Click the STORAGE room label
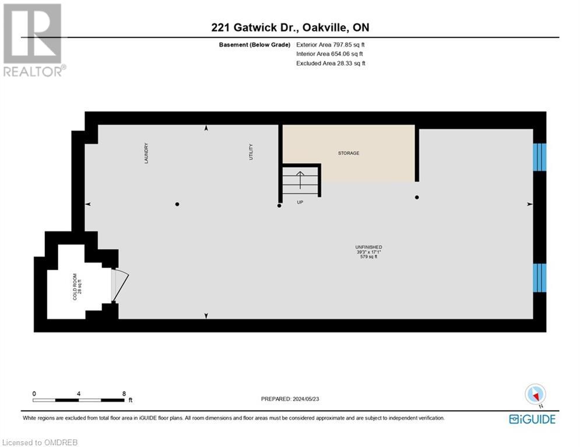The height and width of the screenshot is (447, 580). point(349,153)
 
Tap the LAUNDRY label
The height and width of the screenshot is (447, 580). point(147,153)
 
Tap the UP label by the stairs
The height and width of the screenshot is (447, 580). point(300,203)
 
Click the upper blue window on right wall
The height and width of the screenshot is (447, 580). point(540,157)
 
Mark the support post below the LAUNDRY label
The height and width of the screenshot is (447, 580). point(177,204)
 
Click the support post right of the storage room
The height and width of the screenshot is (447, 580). point(417,197)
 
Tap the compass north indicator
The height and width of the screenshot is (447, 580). point(535,395)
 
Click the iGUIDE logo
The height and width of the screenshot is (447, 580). point(532,419)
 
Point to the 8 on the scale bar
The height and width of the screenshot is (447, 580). point(124,393)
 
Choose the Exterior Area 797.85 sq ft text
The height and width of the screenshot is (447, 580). point(331,45)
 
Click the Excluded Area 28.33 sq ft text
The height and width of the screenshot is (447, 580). point(331,63)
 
